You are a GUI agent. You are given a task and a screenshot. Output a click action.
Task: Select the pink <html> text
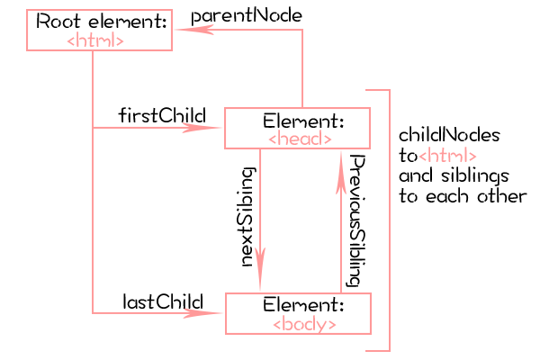click(x=447, y=155)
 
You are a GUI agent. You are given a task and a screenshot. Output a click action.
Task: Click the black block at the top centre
click(x=252, y=15)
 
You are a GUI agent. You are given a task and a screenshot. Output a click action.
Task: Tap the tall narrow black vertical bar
click(x=353, y=221)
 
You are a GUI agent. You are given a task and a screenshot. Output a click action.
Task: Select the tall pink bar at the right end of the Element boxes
click(x=378, y=220)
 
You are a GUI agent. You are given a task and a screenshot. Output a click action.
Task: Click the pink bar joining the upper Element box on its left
click(x=157, y=128)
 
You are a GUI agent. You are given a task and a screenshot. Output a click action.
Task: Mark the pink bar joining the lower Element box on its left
click(x=157, y=312)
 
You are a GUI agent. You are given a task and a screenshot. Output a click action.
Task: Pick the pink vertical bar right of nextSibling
click(x=261, y=220)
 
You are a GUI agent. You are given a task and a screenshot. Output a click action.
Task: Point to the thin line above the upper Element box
click(x=302, y=72)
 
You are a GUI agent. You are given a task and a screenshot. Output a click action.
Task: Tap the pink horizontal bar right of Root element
click(x=238, y=30)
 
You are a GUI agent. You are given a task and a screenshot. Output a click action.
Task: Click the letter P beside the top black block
click(x=196, y=19)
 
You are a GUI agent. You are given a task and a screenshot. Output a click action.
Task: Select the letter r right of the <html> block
click(x=521, y=195)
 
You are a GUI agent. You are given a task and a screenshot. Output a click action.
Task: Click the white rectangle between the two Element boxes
click(x=301, y=220)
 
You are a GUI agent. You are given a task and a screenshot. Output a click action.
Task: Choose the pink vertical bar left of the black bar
click(x=340, y=220)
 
